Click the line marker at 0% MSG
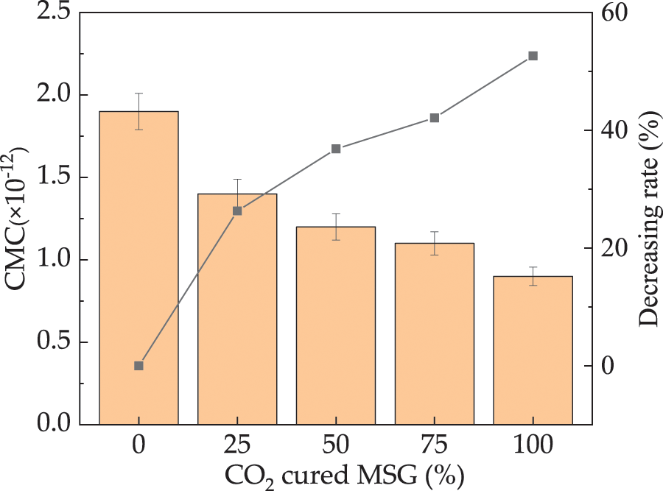pos(138,366)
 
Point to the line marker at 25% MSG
pos(237,211)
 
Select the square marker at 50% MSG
pos(336,149)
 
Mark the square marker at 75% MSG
pos(435,118)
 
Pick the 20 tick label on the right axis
pos(616,248)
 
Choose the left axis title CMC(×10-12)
pos(18,219)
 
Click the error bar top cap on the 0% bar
pos(138,93)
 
